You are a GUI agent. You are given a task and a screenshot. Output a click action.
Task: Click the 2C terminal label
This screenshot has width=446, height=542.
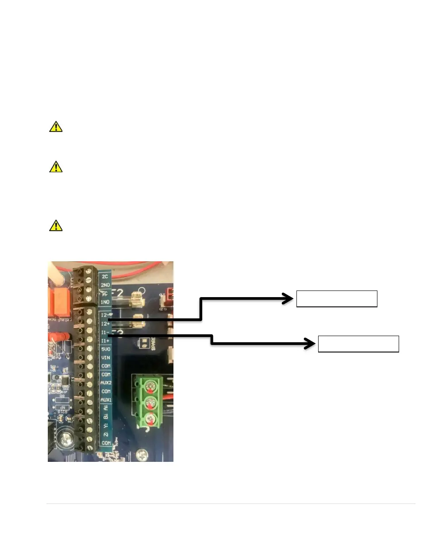105,276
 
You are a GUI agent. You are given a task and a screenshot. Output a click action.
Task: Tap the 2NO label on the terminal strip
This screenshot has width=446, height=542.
105,285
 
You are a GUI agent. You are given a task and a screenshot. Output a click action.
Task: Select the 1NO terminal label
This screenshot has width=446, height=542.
105,302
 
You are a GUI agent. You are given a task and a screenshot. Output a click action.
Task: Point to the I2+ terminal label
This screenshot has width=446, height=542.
105,324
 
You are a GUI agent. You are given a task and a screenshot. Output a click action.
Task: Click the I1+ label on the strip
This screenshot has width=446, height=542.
105,341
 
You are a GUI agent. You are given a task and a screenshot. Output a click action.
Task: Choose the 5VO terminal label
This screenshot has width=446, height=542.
106,349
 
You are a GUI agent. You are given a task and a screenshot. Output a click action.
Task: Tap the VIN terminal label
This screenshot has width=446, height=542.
106,357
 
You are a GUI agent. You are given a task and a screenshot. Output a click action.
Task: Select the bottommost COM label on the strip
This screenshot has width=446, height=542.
106,443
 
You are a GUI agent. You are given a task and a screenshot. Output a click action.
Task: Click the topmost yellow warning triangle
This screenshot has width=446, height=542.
55,127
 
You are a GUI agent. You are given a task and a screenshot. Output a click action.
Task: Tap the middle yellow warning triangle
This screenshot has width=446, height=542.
55,167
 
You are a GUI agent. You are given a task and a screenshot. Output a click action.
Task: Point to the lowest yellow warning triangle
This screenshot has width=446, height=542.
55,226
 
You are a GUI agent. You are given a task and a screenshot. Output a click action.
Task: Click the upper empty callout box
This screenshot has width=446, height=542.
336,299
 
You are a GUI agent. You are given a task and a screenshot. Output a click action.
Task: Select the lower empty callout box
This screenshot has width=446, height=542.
358,344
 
